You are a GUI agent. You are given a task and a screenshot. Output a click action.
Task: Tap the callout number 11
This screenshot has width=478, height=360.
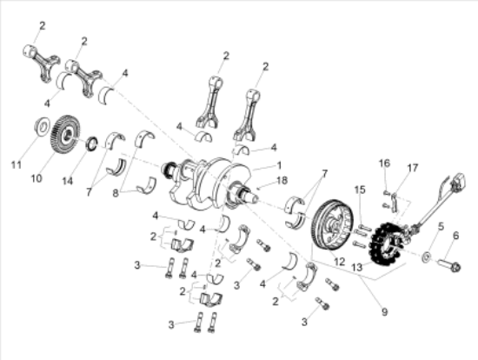click(x=16, y=163)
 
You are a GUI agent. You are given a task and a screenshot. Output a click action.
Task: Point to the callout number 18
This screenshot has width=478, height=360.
click(x=281, y=180)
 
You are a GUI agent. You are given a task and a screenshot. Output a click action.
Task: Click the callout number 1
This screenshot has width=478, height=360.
click(x=278, y=165)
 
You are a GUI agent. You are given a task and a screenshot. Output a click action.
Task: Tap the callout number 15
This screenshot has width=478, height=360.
click(x=360, y=189)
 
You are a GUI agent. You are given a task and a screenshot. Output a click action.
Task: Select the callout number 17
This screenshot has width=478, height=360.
click(x=413, y=167)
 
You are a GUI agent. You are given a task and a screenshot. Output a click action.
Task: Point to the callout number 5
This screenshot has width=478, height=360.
click(x=440, y=226)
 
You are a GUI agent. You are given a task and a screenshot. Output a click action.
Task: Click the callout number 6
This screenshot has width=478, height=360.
click(x=455, y=235)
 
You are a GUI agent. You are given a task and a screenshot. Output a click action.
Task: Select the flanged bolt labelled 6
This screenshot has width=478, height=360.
click(x=449, y=261)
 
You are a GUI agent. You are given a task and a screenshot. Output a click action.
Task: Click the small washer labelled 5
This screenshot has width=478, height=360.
click(x=426, y=257)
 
